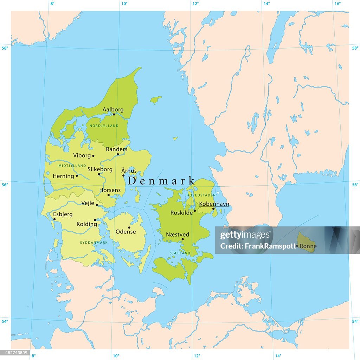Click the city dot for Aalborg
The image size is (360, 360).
[114, 114]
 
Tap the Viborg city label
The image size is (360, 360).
[81, 155]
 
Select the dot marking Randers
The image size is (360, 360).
[118, 154]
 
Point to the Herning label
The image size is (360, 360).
[63, 176]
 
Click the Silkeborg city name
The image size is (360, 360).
[100, 169]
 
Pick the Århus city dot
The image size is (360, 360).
[123, 175]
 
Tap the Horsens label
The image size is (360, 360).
[110, 190]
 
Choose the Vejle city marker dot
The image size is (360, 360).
[97, 205]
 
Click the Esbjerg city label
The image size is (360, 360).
[63, 214]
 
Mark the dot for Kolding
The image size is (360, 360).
[95, 220]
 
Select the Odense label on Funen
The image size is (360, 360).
[126, 232]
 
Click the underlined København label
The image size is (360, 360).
[214, 204]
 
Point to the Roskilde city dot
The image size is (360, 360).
[195, 211]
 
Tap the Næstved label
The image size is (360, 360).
[178, 234]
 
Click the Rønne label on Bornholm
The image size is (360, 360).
[308, 246]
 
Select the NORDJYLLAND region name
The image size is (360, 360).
[104, 126]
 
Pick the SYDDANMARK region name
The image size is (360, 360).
[94, 243]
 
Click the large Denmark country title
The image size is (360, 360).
[161, 181]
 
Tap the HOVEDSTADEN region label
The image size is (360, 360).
[201, 195]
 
